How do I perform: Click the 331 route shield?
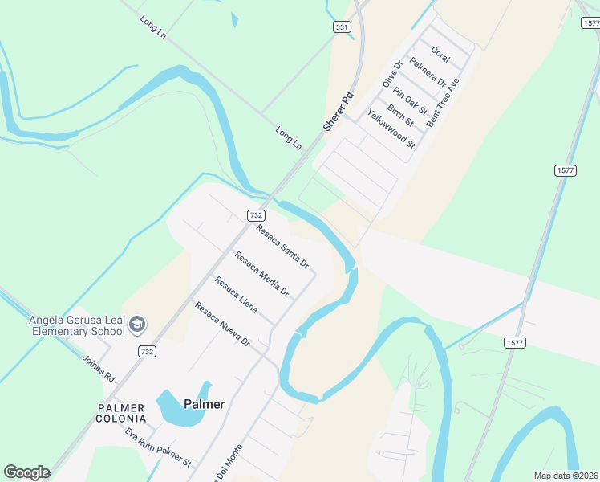tap(343, 27)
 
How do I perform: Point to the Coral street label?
tap(440, 54)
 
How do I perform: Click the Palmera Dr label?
tap(427, 71)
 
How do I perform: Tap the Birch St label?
tap(400, 115)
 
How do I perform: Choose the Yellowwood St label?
tap(391, 129)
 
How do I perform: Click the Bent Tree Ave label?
tap(443, 102)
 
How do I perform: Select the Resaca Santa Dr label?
tap(282, 246)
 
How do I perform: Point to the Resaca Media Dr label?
tap(261, 273)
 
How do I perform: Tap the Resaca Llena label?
tap(236, 295)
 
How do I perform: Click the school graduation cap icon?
tap(137, 323)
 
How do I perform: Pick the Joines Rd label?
tap(99, 367)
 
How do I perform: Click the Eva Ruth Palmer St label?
tap(158, 447)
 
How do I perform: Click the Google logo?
tap(26, 472)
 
